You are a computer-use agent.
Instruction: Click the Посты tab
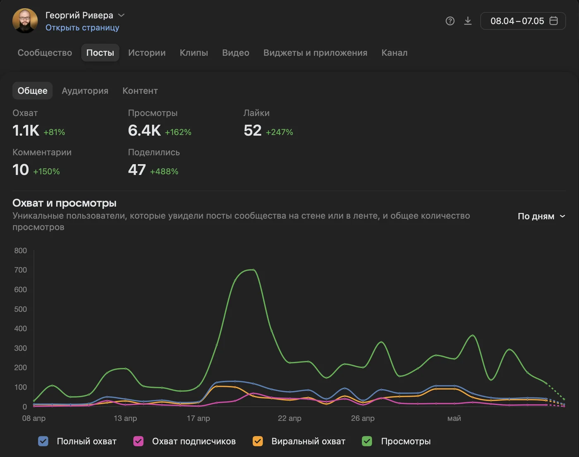coord(100,53)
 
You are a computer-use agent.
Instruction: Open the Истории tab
coord(147,53)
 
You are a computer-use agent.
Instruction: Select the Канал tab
coord(394,53)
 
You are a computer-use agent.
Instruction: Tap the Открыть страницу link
coord(82,27)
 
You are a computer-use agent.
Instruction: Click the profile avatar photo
coord(25,21)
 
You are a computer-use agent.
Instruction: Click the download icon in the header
coord(468,21)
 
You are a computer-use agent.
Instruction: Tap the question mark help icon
coord(450,21)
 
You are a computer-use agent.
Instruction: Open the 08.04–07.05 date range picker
coord(523,21)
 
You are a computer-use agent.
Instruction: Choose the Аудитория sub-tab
coord(85,91)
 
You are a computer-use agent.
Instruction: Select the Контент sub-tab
coord(140,91)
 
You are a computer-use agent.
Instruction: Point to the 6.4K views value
coord(144,131)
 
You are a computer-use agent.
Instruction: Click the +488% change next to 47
coord(164,171)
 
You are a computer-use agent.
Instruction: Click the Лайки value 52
coord(252,131)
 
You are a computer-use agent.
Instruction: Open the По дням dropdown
coord(541,216)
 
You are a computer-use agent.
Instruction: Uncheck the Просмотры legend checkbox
coord(367,441)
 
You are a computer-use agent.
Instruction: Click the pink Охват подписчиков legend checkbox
coord(138,441)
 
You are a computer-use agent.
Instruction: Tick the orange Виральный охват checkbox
coord(258,441)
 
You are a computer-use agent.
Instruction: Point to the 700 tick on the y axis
coord(20,270)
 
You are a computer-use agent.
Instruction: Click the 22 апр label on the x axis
coord(289,418)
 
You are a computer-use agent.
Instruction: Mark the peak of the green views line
coord(253,270)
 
